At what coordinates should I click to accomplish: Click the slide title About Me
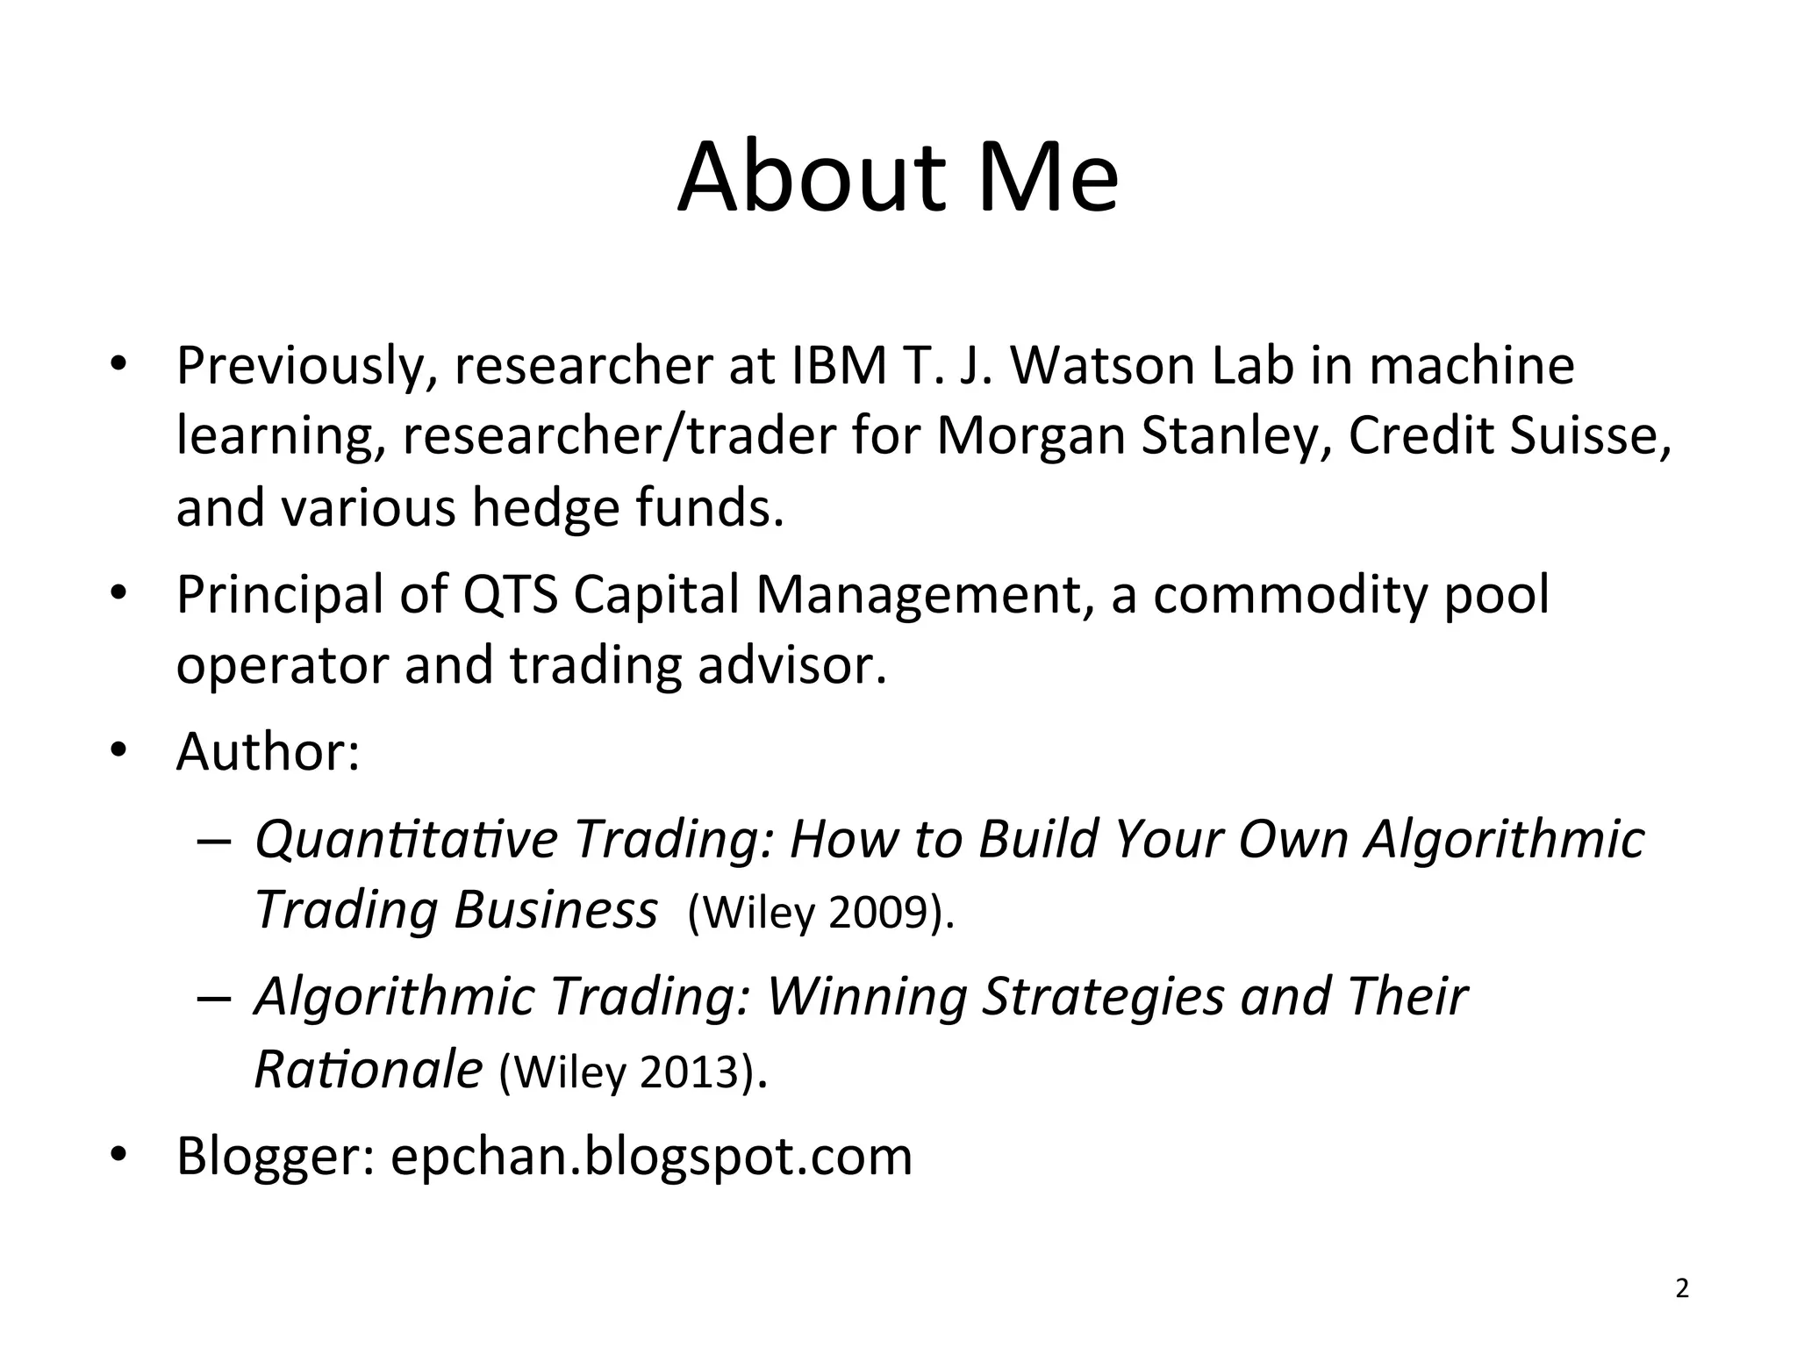point(898,178)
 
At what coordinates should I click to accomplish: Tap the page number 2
point(1682,1289)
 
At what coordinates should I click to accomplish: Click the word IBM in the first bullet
point(840,366)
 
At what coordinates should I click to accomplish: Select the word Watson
point(1103,366)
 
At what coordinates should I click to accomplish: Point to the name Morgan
point(1031,436)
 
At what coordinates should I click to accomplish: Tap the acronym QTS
point(510,594)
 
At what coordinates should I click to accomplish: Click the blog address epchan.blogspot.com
point(651,1156)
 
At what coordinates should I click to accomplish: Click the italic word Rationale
point(369,1069)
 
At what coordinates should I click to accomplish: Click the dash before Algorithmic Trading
point(213,999)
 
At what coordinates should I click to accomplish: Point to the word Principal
point(281,594)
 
